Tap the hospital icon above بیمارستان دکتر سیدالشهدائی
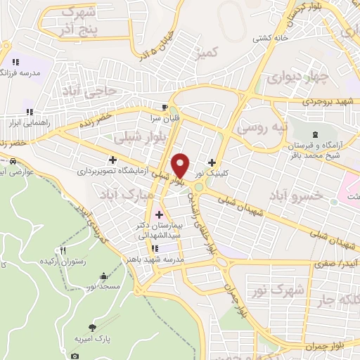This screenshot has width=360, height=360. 158,214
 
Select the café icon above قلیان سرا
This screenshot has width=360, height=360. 164,107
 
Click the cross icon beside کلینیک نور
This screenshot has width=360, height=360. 212,162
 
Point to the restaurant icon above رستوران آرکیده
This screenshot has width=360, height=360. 63,250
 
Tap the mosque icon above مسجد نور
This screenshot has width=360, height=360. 104,276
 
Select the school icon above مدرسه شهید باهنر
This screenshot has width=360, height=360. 155,247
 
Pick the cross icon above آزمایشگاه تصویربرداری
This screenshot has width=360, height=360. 112,160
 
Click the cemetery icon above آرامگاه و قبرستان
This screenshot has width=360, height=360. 313,134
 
